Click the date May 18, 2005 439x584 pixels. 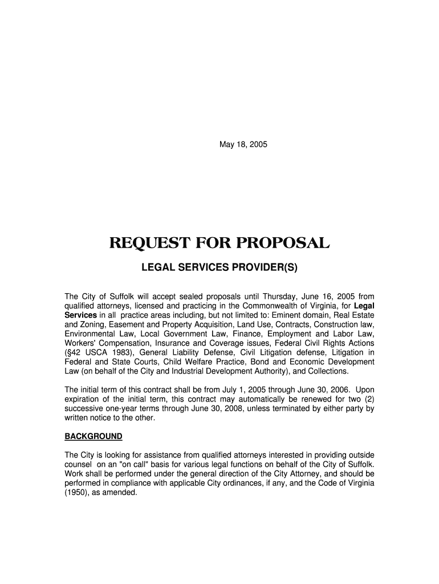click(x=243, y=144)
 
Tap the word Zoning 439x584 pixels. click(x=93, y=325)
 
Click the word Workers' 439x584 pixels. click(x=79, y=343)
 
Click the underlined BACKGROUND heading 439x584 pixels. click(x=94, y=436)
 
